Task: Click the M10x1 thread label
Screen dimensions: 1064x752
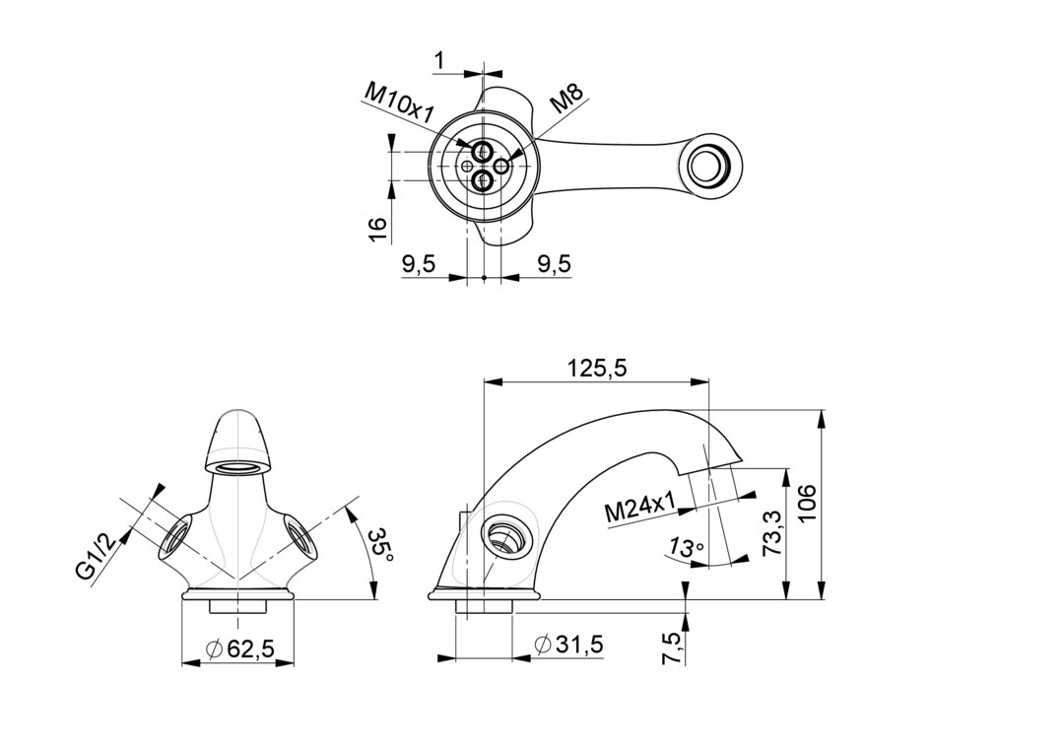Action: [x=399, y=102]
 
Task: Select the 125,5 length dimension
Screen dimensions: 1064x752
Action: [x=598, y=368]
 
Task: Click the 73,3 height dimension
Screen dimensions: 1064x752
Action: [x=773, y=533]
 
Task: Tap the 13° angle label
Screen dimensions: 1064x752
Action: [x=686, y=547]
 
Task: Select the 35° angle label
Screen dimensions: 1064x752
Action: [x=380, y=546]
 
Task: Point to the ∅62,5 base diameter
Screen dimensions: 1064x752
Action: [x=238, y=649]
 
